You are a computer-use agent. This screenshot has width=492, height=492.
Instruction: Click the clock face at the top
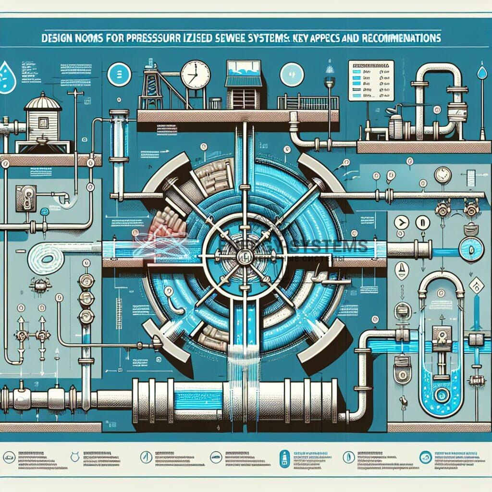tap(196, 74)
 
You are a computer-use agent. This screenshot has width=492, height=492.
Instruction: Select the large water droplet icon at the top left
tap(6, 76)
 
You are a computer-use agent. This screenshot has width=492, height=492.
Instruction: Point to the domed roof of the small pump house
tap(43, 101)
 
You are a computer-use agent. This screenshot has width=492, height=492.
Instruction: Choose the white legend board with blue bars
tap(370, 80)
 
